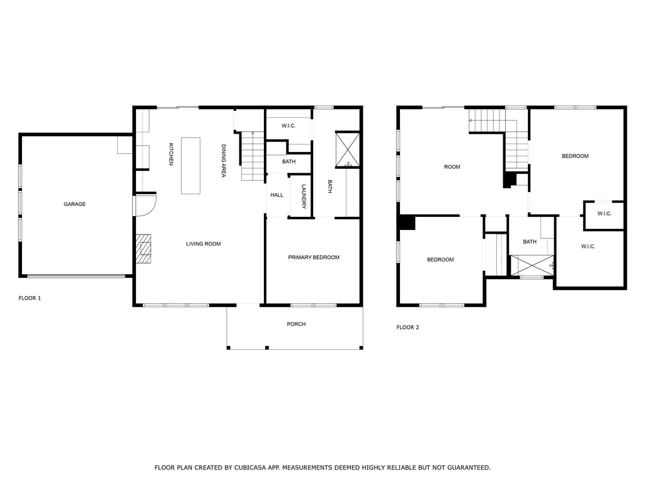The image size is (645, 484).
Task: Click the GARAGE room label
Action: coord(74,204)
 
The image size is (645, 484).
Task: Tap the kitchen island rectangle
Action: coord(191,166)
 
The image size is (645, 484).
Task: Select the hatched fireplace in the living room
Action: coord(144,248)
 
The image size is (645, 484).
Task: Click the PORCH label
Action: coord(296,325)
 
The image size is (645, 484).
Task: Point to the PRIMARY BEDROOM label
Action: coord(314,257)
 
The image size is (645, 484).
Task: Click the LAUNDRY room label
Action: coord(303,196)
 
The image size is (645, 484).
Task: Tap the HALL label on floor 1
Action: coord(277,195)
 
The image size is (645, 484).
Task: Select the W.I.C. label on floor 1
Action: coord(288,126)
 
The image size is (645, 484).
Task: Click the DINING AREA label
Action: coord(223,161)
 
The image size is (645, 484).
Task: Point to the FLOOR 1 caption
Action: coord(30,298)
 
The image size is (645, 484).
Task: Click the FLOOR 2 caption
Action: coord(408,328)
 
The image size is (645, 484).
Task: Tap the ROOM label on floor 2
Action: coord(452,167)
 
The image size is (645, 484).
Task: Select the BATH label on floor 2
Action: coord(530,242)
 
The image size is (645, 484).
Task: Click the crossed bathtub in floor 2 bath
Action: coord(532,265)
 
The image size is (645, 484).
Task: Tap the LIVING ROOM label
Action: coord(203,244)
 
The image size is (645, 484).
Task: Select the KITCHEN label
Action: coord(171,154)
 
